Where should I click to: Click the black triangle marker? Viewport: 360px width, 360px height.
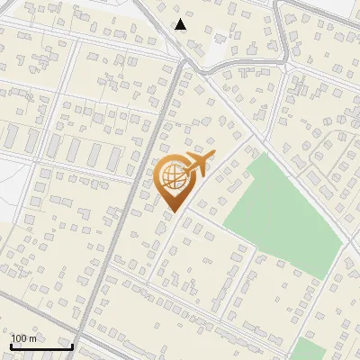[181, 24]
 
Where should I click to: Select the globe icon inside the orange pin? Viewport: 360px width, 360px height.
[171, 175]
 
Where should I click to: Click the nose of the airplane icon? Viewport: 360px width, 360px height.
[212, 157]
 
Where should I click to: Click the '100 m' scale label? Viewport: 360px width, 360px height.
[24, 337]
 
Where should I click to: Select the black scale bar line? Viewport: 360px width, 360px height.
[41, 346]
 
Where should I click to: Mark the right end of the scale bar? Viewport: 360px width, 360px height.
[73, 346]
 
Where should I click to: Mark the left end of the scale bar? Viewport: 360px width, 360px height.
[11, 346]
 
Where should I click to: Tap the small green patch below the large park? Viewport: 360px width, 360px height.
[310, 350]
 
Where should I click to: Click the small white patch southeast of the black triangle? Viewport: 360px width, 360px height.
[218, 42]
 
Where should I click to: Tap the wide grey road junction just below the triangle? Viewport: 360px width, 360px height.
[184, 61]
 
